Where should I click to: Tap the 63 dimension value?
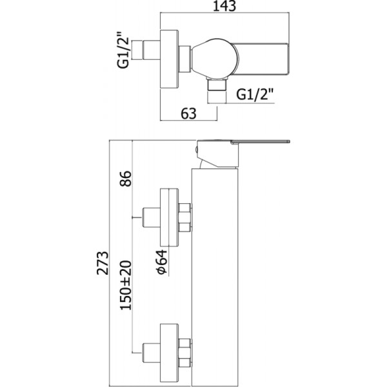(x=188, y=114)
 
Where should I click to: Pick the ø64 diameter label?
(x=161, y=261)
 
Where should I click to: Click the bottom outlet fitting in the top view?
(x=217, y=93)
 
